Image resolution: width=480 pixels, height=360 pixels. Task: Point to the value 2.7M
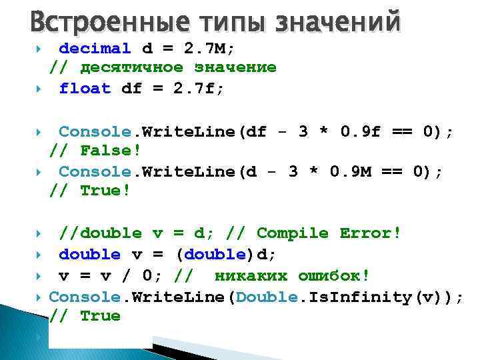coord(203,49)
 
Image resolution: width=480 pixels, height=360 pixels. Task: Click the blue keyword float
coord(85,89)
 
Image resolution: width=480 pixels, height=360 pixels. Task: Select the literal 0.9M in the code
coord(354,172)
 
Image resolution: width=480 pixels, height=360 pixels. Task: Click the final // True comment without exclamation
coord(85,316)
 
